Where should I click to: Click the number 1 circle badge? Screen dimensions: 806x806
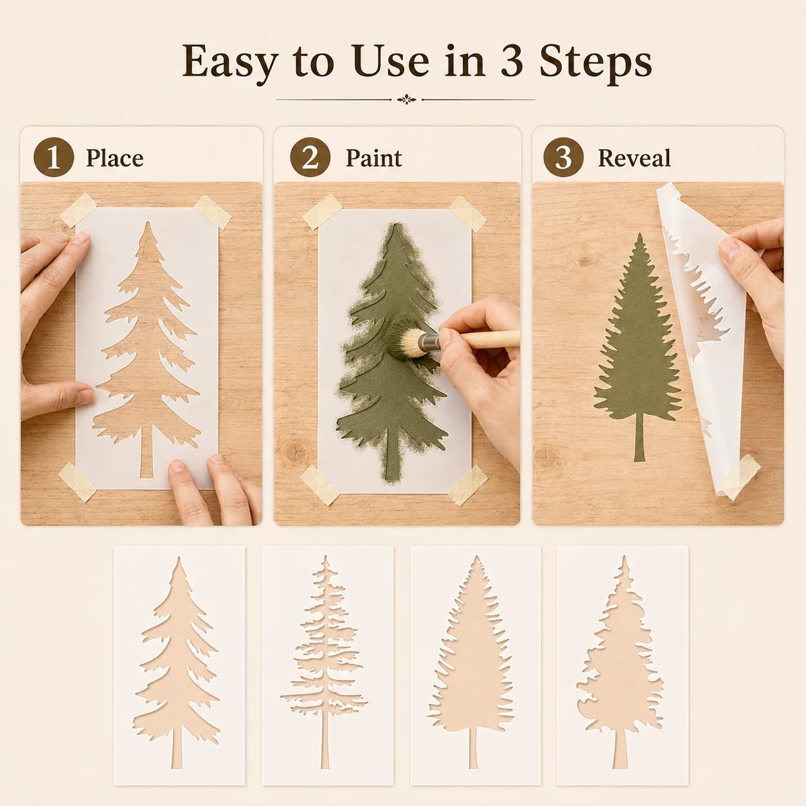point(54,157)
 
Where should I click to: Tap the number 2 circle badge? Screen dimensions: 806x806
point(310,157)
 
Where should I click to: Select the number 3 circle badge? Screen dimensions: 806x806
point(563,157)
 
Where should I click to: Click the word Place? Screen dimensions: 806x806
point(114,158)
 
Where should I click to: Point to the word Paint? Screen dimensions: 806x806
point(373,158)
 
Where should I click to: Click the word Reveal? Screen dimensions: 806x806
point(634,158)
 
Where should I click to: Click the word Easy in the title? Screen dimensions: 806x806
point(230,61)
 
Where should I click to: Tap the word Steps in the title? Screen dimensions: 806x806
point(596,61)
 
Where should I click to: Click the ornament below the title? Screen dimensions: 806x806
point(406,100)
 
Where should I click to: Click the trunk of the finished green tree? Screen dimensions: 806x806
point(639,436)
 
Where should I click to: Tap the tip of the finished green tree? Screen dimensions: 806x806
point(639,234)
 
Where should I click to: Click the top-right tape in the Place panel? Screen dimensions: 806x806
point(213,212)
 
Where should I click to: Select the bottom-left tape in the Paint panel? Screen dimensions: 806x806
point(320,485)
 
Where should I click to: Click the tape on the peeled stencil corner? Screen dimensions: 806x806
point(740,477)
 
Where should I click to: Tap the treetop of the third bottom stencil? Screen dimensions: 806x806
point(476,562)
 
